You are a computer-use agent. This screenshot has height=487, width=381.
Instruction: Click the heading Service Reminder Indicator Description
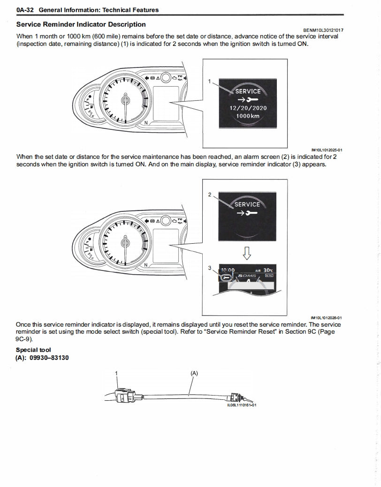tap(81, 24)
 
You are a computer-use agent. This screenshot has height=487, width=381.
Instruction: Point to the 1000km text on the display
tap(247, 116)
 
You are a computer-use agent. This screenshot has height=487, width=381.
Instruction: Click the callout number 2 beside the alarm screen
tap(210, 194)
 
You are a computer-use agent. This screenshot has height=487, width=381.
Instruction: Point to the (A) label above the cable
tap(194, 373)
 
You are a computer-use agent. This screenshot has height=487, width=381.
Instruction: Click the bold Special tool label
tap(33, 350)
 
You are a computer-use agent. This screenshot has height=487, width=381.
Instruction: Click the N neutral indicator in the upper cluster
tap(146, 123)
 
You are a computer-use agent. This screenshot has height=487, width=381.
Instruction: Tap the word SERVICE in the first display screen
tap(247, 91)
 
